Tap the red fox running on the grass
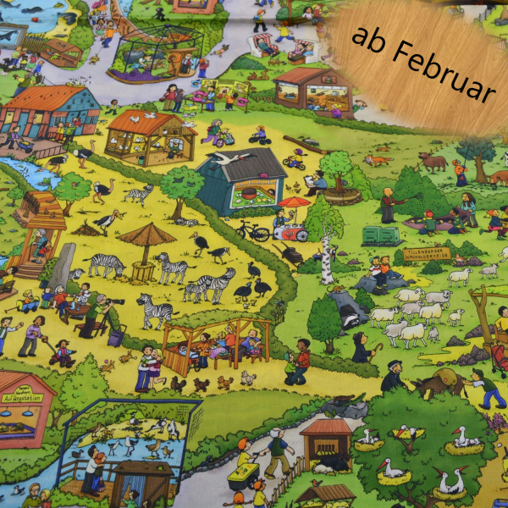click(x=378, y=159)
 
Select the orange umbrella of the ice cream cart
click(x=293, y=203)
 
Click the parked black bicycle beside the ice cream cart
click(x=253, y=230)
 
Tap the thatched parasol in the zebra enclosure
click(x=146, y=234)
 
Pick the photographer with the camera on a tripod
click(x=99, y=310)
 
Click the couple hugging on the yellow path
click(x=150, y=366)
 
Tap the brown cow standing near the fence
click(x=433, y=162)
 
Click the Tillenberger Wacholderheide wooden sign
click(x=427, y=253)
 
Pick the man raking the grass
click(x=389, y=202)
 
